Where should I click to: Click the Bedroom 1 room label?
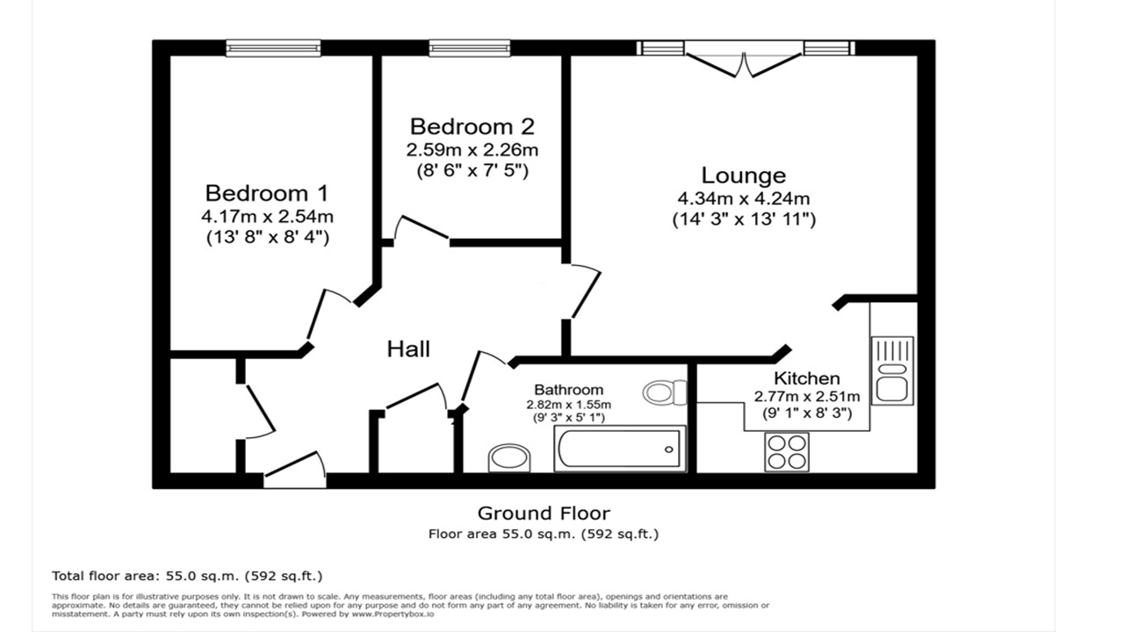click(267, 193)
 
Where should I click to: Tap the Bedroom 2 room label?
click(472, 127)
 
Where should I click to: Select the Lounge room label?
click(743, 176)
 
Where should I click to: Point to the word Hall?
click(408, 349)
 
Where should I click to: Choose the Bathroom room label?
click(568, 390)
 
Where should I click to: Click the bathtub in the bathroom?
click(619, 449)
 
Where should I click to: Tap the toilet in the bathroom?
click(664, 391)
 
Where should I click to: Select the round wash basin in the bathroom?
click(509, 457)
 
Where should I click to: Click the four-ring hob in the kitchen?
click(786, 452)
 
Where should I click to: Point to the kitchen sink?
click(892, 370)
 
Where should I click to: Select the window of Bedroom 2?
click(470, 48)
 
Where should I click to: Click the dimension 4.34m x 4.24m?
click(743, 198)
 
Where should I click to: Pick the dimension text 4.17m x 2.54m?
click(267, 216)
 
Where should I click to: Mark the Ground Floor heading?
click(543, 513)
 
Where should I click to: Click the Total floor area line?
click(187, 576)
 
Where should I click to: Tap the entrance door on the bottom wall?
click(295, 472)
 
